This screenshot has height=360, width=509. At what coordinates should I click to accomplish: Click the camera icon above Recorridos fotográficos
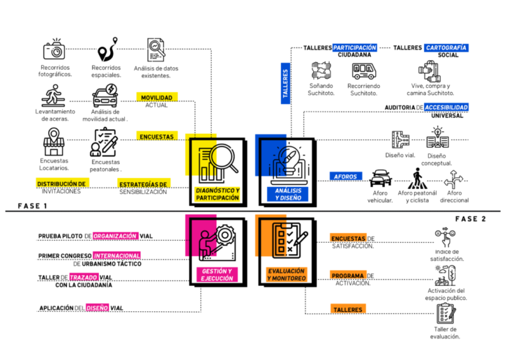pyautogui.click(x=54, y=50)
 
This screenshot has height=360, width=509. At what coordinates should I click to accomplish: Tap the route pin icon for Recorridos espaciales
pyautogui.click(x=105, y=51)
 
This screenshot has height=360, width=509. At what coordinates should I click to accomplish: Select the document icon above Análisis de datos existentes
pyautogui.click(x=155, y=49)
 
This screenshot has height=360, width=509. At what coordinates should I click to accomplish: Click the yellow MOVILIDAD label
pyautogui.click(x=156, y=98)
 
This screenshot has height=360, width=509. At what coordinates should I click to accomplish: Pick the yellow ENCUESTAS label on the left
pyautogui.click(x=156, y=137)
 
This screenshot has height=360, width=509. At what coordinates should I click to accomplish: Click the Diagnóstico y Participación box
pyautogui.click(x=217, y=171)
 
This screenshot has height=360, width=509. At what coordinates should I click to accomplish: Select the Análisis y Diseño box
pyautogui.click(x=284, y=171)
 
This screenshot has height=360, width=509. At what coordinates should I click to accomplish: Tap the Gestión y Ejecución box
pyautogui.click(x=217, y=250)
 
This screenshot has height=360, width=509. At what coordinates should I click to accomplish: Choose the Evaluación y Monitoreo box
pyautogui.click(x=284, y=250)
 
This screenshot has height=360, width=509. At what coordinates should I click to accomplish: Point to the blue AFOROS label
pyautogui.click(x=347, y=177)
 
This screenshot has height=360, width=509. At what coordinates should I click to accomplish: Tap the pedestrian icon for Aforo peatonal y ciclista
pyautogui.click(x=417, y=178)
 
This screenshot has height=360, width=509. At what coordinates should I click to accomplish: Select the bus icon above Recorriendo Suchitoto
pyautogui.click(x=363, y=70)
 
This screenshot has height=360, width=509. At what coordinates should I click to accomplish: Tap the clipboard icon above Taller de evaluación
pyautogui.click(x=444, y=313)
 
